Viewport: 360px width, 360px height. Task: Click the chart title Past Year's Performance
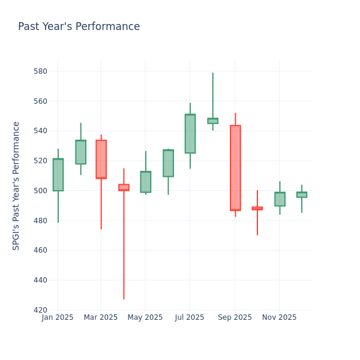79,27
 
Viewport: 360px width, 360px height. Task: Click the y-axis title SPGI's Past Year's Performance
16,185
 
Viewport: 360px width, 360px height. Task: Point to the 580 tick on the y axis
40,71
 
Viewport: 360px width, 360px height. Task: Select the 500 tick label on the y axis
40,191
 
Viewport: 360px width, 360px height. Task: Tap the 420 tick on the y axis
40,310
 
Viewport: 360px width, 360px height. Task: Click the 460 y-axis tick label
40,250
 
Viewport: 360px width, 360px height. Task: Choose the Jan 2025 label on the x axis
58,317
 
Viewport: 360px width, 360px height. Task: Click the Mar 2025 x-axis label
101,317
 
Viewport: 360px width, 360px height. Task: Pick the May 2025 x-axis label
145,317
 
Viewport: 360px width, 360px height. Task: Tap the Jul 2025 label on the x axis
190,317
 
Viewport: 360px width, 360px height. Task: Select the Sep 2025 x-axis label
235,317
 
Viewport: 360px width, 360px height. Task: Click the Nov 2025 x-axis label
280,317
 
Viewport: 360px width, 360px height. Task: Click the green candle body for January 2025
58,175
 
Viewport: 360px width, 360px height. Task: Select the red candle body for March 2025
101,159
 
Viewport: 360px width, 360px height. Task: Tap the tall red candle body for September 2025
235,168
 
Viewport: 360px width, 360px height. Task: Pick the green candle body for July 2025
190,134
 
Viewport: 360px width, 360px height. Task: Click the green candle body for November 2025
280,199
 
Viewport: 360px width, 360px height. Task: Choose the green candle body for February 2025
80,152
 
